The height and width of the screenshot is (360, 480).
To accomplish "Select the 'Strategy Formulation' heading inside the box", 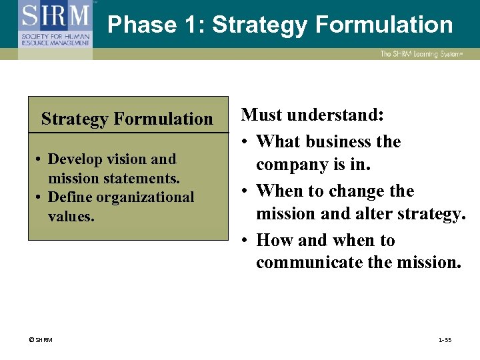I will point(127,119).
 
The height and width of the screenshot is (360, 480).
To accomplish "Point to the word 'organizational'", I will point(146,197).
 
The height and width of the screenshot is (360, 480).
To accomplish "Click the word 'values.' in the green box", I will point(71,216).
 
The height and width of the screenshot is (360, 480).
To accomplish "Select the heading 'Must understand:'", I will point(312,115).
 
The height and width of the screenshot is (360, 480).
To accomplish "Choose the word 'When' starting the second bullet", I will point(277,191).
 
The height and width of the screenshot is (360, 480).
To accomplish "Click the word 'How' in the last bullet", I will point(273,240).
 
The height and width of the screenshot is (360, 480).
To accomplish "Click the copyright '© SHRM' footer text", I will point(41,340).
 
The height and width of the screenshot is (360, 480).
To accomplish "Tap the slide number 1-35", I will point(445,340).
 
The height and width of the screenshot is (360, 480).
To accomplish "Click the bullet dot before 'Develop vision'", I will point(40,160).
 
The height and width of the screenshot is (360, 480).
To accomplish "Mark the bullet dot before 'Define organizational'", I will point(40,198).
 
